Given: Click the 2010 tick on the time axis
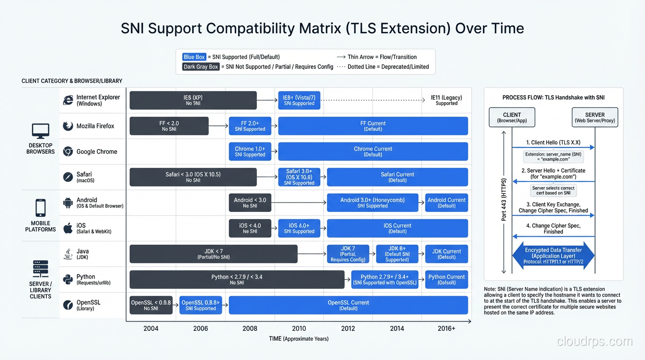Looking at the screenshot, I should pos(299,329).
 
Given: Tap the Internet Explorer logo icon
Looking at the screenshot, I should pos(68,100).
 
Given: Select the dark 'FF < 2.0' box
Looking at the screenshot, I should pos(169,126).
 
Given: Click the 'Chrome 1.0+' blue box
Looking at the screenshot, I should pos(250,151).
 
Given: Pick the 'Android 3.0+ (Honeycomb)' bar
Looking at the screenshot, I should pos(373,202).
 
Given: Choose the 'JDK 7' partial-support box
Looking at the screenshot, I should pos(348,254).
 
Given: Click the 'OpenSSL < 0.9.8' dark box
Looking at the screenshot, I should pos(151,305).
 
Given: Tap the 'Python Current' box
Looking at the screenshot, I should pos(446,279).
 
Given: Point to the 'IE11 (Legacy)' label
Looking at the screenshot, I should pos(446,100).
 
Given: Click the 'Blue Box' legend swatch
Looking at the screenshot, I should pos(194,57).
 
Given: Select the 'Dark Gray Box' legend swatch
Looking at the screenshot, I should pos(201,67).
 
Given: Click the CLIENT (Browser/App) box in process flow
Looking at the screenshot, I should pos(512,117).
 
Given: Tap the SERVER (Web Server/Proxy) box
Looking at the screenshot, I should pos(595,117).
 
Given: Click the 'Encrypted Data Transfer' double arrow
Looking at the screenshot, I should pos(554,256).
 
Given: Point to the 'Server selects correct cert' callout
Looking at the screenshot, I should pos(554,190).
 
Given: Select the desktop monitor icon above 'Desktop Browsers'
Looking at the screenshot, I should pos(40,131).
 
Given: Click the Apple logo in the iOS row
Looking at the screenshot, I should pos(68,228).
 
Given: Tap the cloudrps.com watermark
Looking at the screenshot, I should pos(594,341).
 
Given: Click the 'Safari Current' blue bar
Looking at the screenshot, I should pos(397,177).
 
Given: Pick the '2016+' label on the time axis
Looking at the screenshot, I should pos(446,329).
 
